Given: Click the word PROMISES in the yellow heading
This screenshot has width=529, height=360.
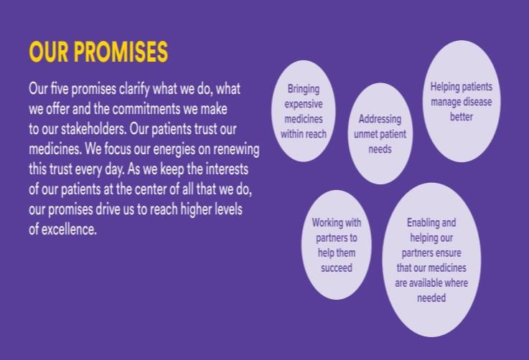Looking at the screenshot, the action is [121, 52].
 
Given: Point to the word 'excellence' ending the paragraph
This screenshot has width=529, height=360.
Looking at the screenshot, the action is [69, 229].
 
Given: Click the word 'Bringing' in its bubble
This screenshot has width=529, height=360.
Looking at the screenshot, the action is [304, 90].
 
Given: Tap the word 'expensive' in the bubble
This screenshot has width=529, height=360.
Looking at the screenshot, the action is [304, 104].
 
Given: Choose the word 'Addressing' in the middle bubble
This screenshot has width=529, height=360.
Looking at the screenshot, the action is [380, 119].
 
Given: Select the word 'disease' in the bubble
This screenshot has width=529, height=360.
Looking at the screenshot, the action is [477, 102].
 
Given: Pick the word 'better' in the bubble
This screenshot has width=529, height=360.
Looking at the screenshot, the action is [462, 117].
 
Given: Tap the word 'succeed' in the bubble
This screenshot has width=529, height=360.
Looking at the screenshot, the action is [337, 268].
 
